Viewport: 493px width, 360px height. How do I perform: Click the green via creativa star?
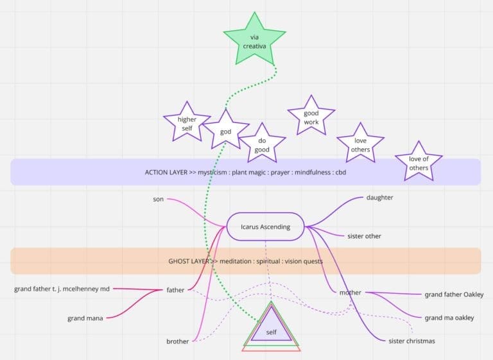click(255, 41)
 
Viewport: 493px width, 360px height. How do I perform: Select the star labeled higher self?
click(187, 123)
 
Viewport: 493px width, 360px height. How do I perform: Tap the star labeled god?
click(226, 131)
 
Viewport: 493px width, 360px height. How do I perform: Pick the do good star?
click(262, 144)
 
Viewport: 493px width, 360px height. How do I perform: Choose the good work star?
click(311, 117)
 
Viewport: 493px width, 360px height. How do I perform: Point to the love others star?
click(360, 144)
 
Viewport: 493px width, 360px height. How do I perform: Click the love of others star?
click(419, 163)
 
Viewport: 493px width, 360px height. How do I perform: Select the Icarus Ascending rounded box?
click(265, 227)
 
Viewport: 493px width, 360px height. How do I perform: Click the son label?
click(158, 199)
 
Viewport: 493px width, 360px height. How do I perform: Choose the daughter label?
click(379, 198)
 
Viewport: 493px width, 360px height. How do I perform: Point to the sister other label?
click(364, 236)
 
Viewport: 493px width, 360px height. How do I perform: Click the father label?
click(175, 290)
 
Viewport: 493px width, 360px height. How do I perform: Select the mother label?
click(350, 293)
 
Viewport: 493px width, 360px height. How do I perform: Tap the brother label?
click(178, 341)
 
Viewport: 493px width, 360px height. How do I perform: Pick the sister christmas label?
click(411, 341)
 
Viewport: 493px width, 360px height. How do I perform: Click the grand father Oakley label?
click(454, 295)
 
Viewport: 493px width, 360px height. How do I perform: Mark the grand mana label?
click(85, 318)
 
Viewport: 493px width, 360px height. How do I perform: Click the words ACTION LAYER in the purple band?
click(166, 172)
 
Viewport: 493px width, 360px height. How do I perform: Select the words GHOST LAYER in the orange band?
click(189, 261)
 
